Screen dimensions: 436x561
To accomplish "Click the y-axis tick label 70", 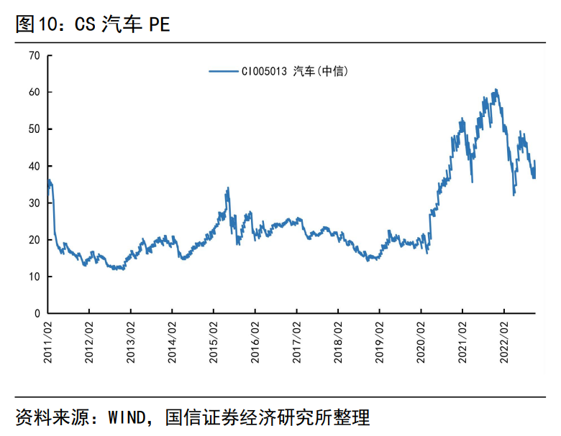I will (x=34, y=55).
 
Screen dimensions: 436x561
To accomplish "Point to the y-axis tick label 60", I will (x=34, y=92).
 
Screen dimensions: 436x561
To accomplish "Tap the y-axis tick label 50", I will (x=34, y=129).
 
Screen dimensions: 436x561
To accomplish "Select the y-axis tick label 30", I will (x=34, y=203).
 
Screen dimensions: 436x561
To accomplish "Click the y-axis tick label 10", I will (x=34, y=277).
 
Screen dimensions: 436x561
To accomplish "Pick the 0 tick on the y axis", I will (x=37, y=314).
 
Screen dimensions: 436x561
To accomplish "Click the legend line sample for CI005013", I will (x=223, y=71).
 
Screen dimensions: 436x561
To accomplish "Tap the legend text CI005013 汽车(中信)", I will (x=295, y=71).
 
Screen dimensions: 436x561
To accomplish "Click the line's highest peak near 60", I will (x=496, y=91).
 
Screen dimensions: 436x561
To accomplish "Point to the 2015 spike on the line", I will (x=228, y=189).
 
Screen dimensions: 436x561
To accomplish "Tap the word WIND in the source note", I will (x=127, y=417).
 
